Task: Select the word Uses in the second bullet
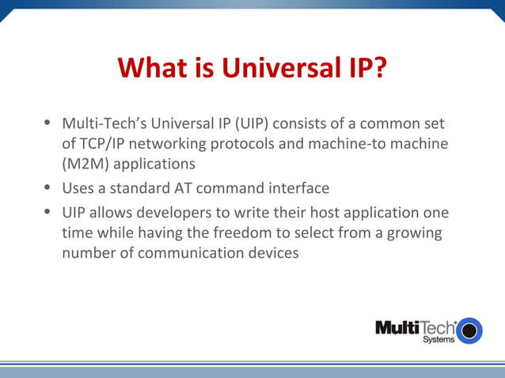click(78, 189)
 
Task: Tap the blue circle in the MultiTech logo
click(469, 329)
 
